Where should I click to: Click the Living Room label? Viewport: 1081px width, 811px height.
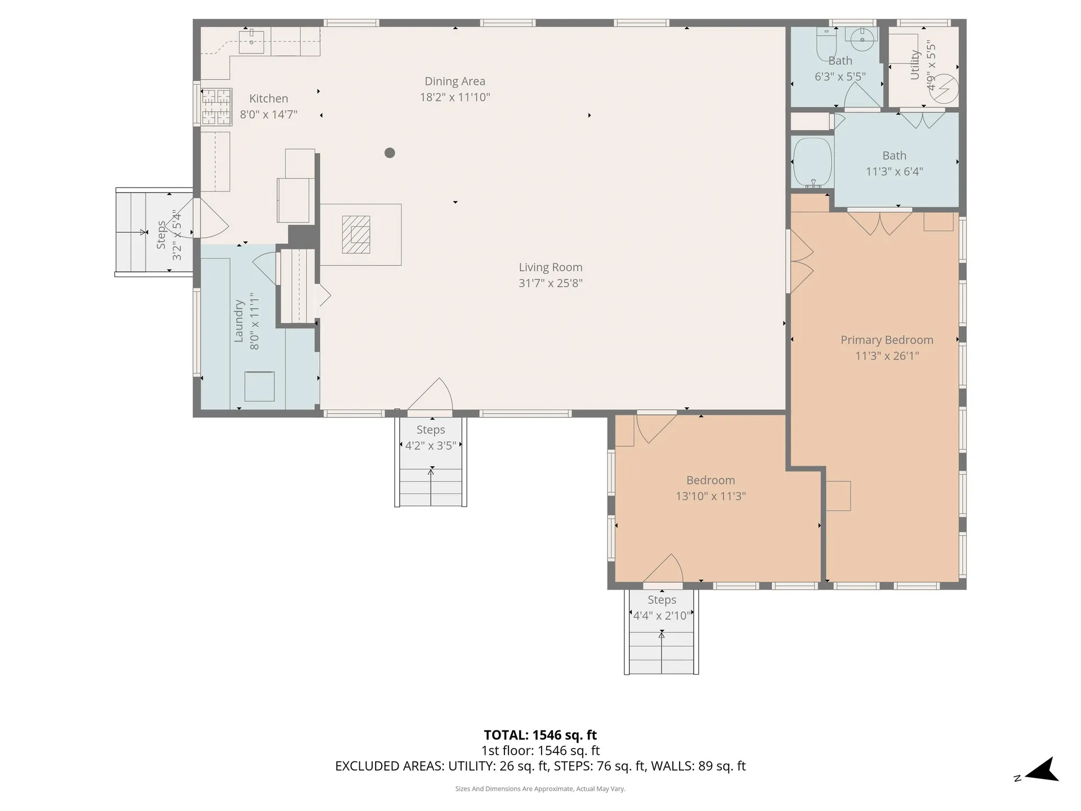tap(550, 268)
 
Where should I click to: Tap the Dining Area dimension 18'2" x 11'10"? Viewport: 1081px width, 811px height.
tap(455, 97)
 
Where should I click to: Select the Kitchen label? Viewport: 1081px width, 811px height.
tap(269, 99)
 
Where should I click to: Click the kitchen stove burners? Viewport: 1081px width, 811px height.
tap(217, 107)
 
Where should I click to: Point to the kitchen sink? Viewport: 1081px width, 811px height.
tap(252, 41)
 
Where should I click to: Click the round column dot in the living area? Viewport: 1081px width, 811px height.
tap(390, 153)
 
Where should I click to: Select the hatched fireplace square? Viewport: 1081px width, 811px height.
tap(356, 235)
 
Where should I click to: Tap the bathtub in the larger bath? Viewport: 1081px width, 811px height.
tap(812, 163)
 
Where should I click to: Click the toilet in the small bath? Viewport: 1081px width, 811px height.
tap(827, 43)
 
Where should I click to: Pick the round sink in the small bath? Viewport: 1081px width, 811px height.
tap(862, 39)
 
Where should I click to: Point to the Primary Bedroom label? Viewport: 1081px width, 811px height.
tap(887, 340)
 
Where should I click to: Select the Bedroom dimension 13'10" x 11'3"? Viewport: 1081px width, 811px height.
tap(711, 496)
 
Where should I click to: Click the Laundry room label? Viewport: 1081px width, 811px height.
tap(239, 321)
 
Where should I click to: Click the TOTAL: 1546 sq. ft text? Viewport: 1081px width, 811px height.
tap(540, 735)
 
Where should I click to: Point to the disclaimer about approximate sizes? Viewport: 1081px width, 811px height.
tap(540, 789)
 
